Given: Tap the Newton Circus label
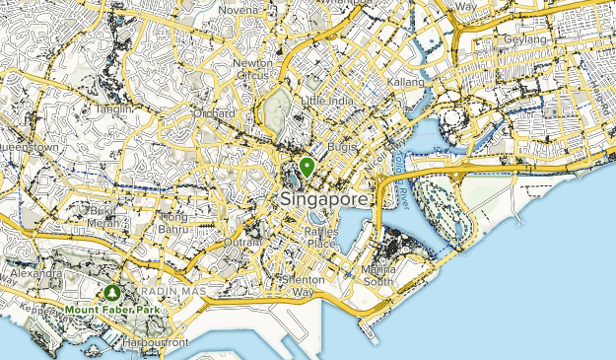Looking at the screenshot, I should tap(252, 68).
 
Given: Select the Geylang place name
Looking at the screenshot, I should tap(525, 38).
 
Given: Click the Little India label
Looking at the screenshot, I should tap(326, 101).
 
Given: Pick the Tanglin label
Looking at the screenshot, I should tap(114, 108).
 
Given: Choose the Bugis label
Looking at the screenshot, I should tap(342, 146).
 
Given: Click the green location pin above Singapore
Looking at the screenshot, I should tap(308, 167).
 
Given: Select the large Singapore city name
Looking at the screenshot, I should tap(325, 198).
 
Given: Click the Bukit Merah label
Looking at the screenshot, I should tap(103, 216).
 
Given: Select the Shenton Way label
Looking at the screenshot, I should tap(301, 286).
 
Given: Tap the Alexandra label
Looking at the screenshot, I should tap(31, 271).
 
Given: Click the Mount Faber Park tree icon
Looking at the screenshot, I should tap(112, 294).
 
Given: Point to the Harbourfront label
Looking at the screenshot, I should tap(156, 342).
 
